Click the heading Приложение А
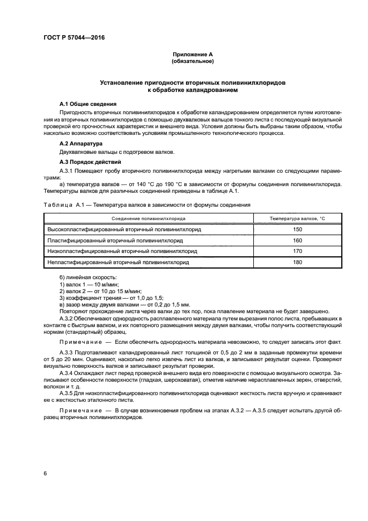pyautogui.click(x=192, y=55)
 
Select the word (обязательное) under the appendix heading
pyautogui.click(x=192, y=61)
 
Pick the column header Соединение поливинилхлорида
pyautogui.click(x=148, y=219)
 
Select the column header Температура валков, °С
pyautogui.click(x=297, y=219)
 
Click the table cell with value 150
pyautogui.click(x=297, y=229)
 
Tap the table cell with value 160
pyautogui.click(x=297, y=240)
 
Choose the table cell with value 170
pyautogui.click(x=297, y=251)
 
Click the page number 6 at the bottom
pyautogui.click(x=45, y=473)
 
